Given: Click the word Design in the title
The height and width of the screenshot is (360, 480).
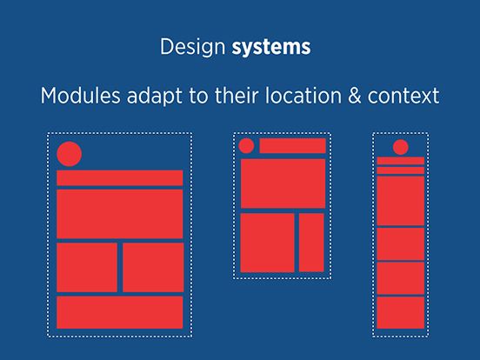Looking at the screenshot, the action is coord(193,47).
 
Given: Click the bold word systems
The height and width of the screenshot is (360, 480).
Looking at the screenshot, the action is coord(271,47).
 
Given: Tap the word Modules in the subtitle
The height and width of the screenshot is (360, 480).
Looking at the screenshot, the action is coord(81,96).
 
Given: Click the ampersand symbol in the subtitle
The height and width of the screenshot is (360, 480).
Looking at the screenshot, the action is coord(355,96).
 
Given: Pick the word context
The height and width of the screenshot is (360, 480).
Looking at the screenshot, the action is coord(403,97).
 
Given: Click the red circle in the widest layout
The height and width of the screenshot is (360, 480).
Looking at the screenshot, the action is coord(70,154).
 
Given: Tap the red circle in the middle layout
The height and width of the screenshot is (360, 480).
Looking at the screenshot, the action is coord(246,146).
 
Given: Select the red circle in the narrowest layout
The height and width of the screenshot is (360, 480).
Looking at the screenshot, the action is coord(400,147).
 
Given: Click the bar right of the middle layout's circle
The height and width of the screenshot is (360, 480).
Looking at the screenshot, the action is coord(293,146).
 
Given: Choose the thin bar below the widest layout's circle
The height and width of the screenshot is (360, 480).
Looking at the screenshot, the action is coord(120,178).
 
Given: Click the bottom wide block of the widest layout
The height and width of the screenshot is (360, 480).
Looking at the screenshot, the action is coord(120,312).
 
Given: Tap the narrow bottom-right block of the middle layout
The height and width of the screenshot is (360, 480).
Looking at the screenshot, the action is coord(311,243).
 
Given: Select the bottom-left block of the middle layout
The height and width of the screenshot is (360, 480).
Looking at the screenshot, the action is coord(267,243).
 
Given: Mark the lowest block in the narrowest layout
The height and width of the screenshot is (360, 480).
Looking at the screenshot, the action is coord(400,312).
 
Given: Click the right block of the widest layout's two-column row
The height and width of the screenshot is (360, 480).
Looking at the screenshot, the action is coord(153,267).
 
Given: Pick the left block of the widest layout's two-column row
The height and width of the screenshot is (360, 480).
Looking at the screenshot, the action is coord(87,267).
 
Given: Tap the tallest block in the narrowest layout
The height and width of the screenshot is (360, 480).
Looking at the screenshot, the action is coord(400,201).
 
